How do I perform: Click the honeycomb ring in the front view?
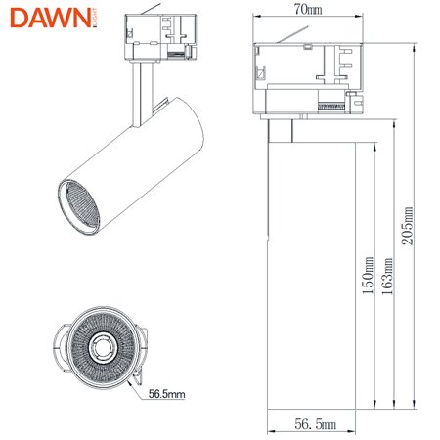click(100, 323)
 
